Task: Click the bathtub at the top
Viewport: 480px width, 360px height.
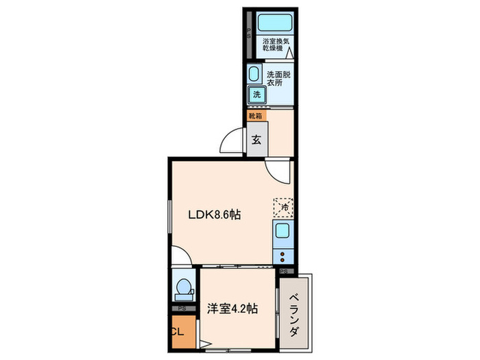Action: tap(274, 23)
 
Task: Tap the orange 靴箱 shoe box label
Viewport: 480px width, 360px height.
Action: tap(255, 117)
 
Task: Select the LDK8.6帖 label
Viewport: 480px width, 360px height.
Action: tap(215, 214)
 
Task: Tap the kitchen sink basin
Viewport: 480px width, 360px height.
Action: tap(283, 232)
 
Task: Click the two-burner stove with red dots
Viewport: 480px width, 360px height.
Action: tap(283, 256)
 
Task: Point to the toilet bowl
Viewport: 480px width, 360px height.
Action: tap(183, 288)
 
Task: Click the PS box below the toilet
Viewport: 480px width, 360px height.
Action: tap(182, 309)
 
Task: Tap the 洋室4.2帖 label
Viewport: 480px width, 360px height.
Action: tap(232, 309)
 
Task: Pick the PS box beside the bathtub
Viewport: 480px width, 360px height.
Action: tap(249, 32)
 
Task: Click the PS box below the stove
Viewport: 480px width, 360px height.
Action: tap(285, 272)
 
